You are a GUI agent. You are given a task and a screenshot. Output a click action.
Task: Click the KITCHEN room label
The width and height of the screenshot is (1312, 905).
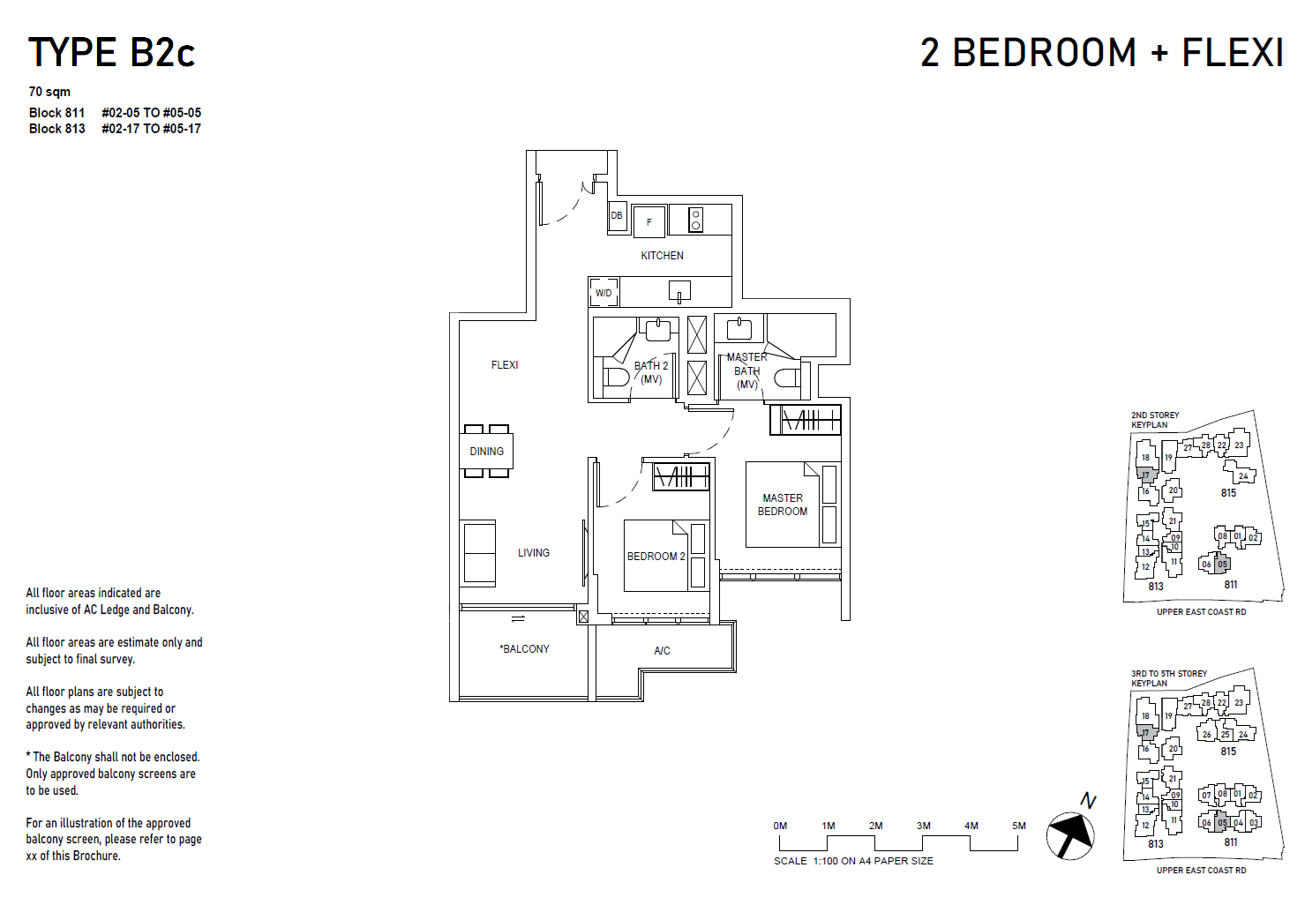click(x=662, y=256)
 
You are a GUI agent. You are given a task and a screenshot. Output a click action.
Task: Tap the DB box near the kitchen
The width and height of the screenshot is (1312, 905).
click(x=617, y=216)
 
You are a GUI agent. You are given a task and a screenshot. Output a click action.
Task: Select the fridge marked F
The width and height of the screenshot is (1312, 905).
click(x=649, y=222)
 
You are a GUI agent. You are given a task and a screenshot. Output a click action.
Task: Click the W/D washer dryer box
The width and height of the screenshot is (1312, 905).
click(x=604, y=293)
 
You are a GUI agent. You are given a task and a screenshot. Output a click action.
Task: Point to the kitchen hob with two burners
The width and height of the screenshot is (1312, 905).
click(x=695, y=220)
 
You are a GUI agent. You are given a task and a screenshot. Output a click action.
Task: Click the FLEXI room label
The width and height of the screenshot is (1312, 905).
click(x=505, y=365)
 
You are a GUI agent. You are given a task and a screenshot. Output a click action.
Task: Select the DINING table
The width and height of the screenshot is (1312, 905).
click(x=486, y=451)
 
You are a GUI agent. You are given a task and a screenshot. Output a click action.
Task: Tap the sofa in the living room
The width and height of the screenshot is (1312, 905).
click(x=479, y=553)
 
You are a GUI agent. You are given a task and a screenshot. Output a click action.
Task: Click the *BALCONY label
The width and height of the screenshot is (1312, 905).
click(x=525, y=649)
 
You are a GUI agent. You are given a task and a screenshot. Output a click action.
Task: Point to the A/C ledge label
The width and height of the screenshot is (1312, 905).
click(x=662, y=651)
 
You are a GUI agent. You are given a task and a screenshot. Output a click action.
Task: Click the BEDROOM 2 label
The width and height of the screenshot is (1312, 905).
click(x=656, y=557)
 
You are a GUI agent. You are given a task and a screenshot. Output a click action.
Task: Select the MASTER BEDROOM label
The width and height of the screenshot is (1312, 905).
click(x=783, y=505)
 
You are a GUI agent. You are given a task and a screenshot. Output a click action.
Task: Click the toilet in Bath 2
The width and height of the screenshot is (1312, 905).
click(x=614, y=378)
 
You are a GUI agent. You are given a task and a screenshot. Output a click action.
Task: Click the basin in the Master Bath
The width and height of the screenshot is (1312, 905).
click(x=738, y=330)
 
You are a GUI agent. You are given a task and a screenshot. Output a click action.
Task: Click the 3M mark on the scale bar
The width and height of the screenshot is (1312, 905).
click(x=924, y=826)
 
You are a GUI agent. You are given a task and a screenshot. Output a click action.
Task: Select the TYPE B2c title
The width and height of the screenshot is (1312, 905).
click(x=111, y=53)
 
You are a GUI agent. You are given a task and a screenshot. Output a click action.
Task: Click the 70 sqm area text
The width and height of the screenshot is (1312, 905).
click(x=49, y=92)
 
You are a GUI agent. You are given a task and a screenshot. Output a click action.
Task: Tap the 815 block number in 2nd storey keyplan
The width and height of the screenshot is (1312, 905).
click(x=1228, y=493)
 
